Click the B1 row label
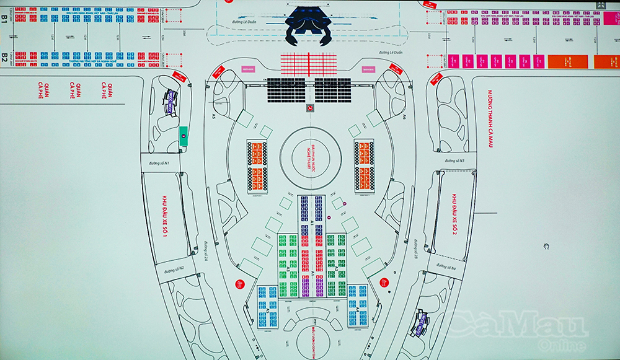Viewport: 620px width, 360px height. point(4,19)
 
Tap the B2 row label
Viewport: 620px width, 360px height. point(4,58)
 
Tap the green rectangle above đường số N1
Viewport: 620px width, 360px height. point(183,136)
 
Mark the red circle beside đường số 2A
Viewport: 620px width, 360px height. point(239,284)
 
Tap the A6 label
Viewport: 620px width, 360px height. point(404,116)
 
